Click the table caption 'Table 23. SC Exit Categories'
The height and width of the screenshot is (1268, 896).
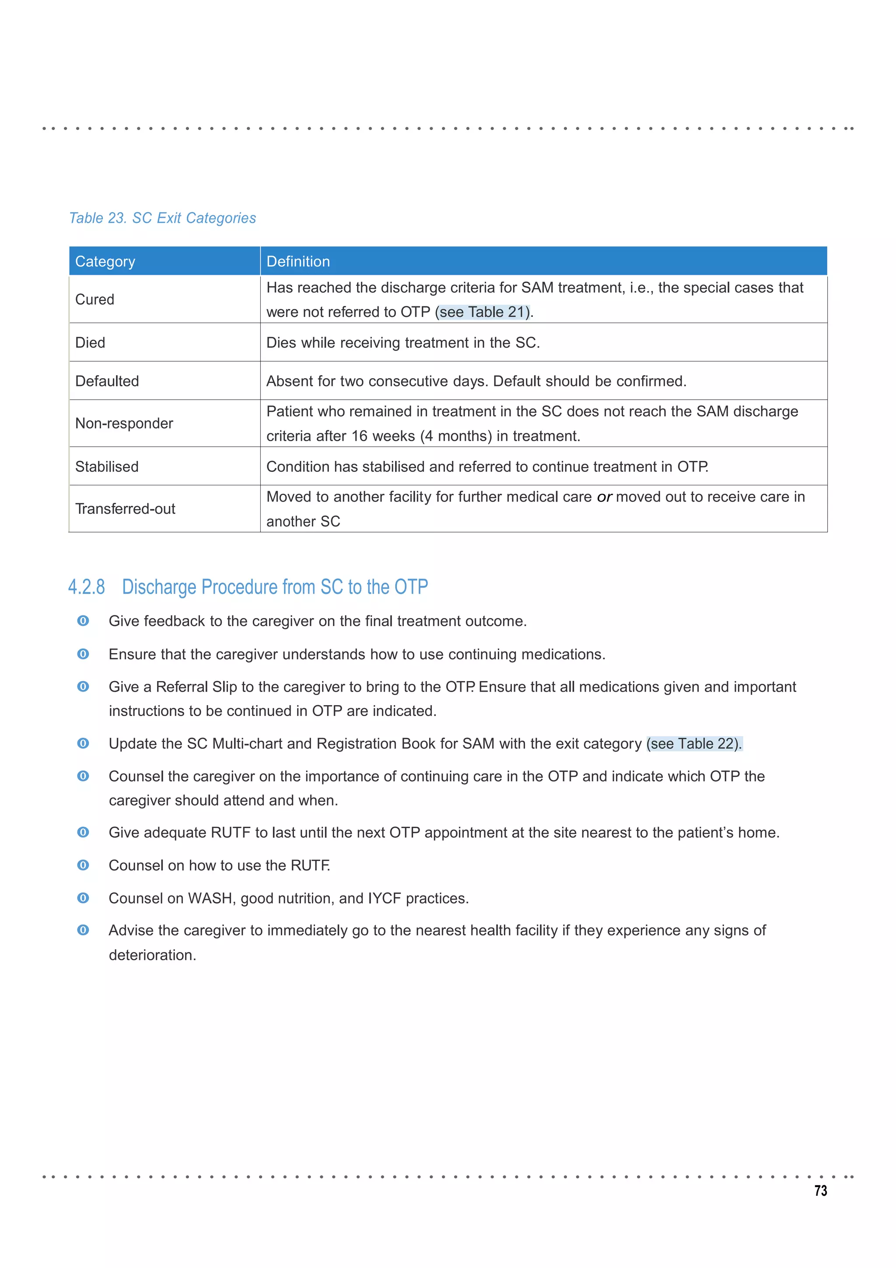[162, 218]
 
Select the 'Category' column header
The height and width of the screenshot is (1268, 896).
[105, 261]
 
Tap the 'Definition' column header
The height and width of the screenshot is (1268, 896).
[298, 261]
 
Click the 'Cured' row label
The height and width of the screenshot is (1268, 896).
[94, 299]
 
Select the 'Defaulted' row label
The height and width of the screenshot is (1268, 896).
[107, 381]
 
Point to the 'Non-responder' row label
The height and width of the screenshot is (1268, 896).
[124, 423]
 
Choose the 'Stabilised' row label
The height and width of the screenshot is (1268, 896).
[107, 467]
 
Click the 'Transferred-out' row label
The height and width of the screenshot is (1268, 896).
[125, 509]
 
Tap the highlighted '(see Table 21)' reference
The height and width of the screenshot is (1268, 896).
[483, 312]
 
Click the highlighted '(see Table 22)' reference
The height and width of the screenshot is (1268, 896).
[694, 744]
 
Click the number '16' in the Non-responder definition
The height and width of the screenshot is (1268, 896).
[359, 436]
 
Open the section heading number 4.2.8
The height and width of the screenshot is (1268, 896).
[86, 587]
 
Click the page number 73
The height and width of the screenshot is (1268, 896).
[820, 1191]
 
